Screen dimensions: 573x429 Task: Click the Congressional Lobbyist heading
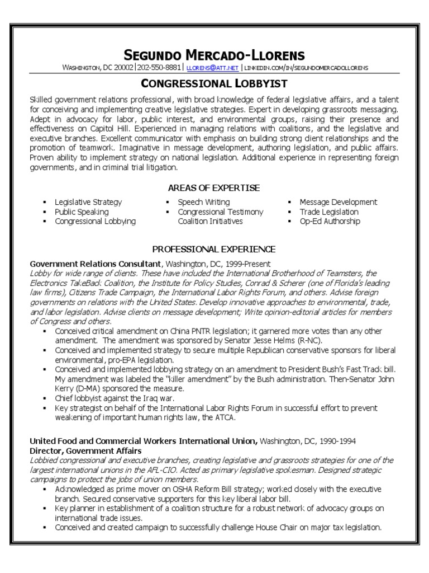[x=214, y=84]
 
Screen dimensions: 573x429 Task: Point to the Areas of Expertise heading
[x=214, y=188]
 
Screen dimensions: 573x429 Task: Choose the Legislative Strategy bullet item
[x=88, y=202]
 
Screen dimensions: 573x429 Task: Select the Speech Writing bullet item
[x=203, y=202]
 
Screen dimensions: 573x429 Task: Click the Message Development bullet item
[x=338, y=202]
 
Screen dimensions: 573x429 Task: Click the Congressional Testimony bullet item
[x=220, y=212]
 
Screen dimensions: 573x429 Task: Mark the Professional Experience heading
[x=214, y=249]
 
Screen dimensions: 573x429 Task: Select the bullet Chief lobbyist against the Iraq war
[x=115, y=398]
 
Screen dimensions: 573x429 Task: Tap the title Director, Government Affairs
[x=85, y=450]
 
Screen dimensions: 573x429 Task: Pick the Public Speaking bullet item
[x=82, y=212]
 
